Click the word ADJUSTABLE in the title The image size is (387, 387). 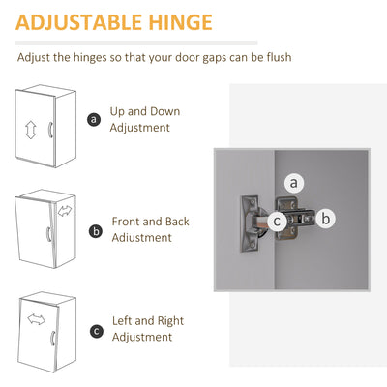coord(79,22)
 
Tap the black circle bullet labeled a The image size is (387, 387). coord(94,120)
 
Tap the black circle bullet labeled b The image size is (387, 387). coord(96,231)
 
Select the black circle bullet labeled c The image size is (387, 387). coord(97,332)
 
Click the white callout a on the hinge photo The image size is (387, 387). coord(294,183)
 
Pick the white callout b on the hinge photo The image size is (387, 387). coord(326,219)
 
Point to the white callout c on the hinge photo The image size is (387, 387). coord(277,222)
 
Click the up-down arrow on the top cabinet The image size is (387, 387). coord(31,131)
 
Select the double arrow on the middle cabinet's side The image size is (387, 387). coord(65,211)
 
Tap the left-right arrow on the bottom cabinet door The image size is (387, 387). coord(37,319)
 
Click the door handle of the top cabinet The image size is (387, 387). coord(50,130)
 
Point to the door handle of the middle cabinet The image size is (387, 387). coord(48,234)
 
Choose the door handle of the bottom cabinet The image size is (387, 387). coord(52,338)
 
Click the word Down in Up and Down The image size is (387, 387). coord(165,111)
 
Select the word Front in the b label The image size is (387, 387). coord(126,222)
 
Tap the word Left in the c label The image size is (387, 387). coord(122,321)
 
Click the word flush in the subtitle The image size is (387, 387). coord(279,57)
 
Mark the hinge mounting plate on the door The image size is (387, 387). coord(251,223)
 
